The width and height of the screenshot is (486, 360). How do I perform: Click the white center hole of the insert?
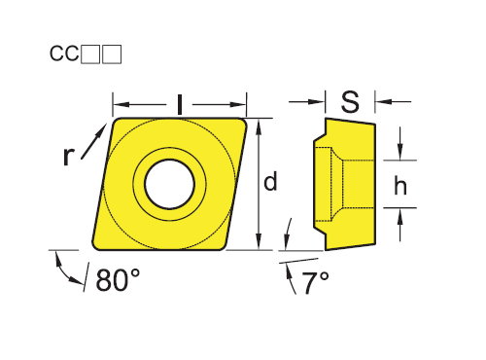pyautogui.click(x=169, y=184)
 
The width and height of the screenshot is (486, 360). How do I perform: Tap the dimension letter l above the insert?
pyautogui.click(x=180, y=104)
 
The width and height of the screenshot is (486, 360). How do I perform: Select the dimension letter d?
pyautogui.click(x=270, y=182)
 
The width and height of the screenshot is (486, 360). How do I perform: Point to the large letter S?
pyautogui.click(x=350, y=101)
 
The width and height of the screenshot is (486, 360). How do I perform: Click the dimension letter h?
pyautogui.click(x=400, y=186)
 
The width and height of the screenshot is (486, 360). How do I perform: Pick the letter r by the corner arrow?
pyautogui.click(x=68, y=156)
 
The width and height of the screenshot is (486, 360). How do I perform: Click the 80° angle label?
pyautogui.click(x=118, y=279)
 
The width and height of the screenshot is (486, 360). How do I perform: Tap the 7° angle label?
pyautogui.click(x=315, y=283)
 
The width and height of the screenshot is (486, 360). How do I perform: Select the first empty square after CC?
pyautogui.click(x=90, y=54)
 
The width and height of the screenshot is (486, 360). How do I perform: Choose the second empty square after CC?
pyautogui.click(x=112, y=54)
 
